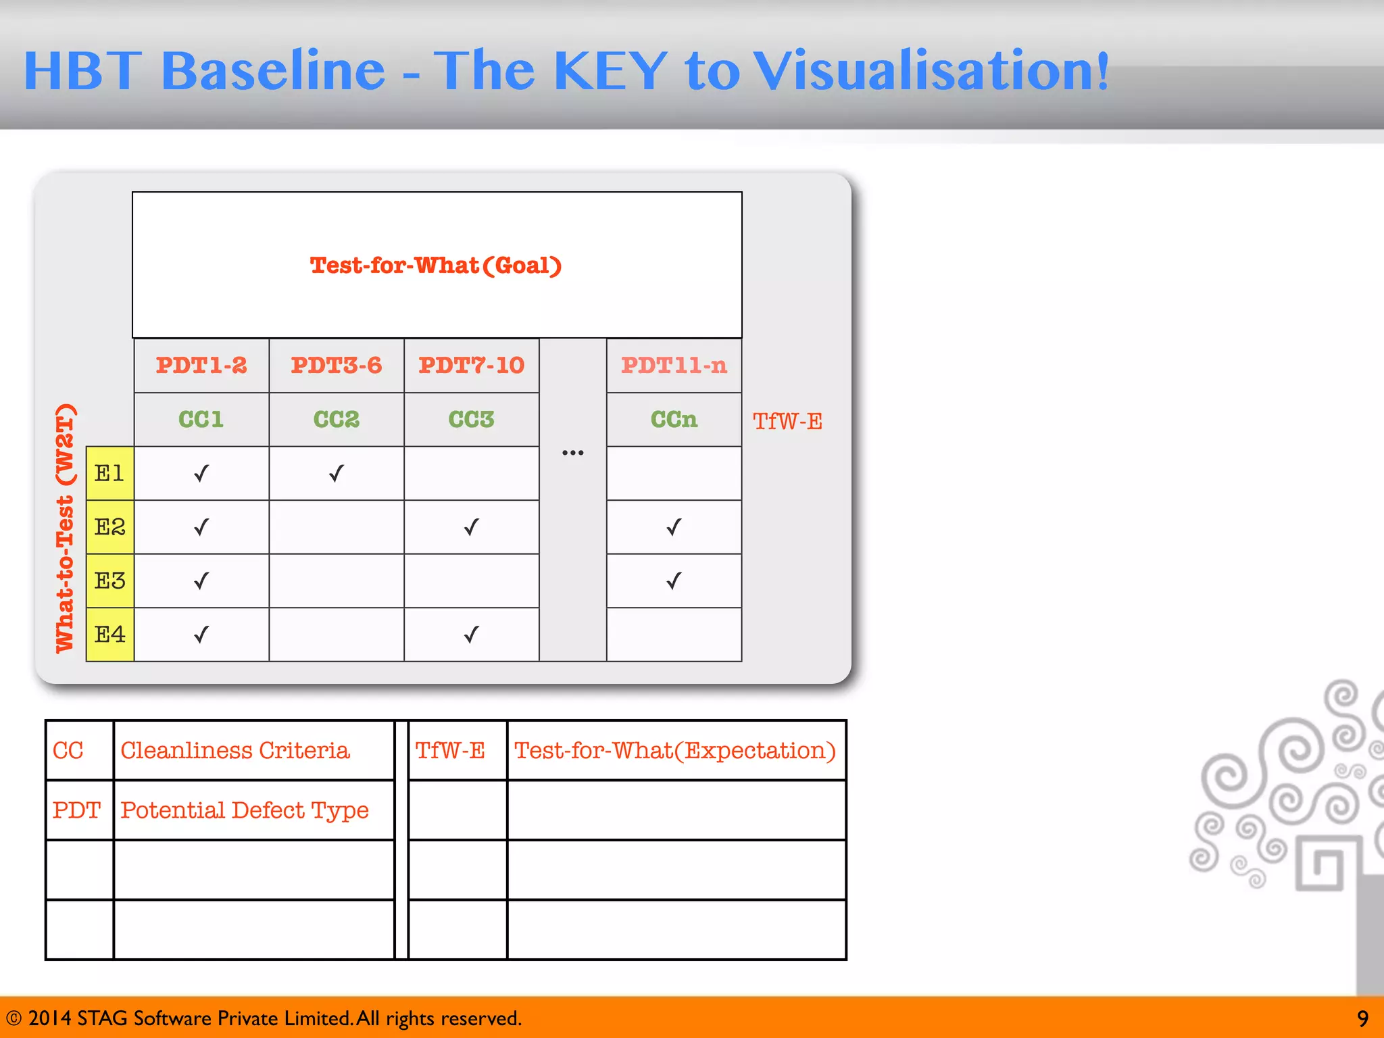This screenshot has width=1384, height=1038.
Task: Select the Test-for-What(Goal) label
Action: coord(436,266)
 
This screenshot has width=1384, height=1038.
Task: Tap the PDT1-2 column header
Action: coord(201,366)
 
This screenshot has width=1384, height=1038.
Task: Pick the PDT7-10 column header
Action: coord(471,366)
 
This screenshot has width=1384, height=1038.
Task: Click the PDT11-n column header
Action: coord(674,366)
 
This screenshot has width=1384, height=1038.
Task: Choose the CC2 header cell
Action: coord(336,420)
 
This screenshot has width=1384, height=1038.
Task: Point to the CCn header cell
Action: coord(674,420)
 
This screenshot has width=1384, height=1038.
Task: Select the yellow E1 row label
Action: coord(109,473)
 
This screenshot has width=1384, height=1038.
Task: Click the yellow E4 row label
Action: coord(109,635)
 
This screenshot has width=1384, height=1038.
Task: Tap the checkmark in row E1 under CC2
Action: coord(336,473)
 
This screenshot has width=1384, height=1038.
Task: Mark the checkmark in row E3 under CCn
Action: coord(674,580)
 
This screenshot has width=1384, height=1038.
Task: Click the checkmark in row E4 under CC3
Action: coord(471,635)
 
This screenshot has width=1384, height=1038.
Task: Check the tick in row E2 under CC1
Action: coord(201,526)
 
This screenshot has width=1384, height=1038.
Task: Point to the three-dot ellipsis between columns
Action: coord(572,453)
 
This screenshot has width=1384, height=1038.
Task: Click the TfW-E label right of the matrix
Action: coord(787,422)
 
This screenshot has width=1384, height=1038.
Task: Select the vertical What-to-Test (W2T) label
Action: coord(65,528)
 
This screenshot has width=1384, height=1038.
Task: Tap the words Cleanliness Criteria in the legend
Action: coord(234,750)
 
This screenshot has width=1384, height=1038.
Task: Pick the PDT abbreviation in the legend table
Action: coord(76,810)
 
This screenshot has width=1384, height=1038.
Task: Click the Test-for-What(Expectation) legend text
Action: coord(674,750)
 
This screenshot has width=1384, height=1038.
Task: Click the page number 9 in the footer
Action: coord(1362,1018)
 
